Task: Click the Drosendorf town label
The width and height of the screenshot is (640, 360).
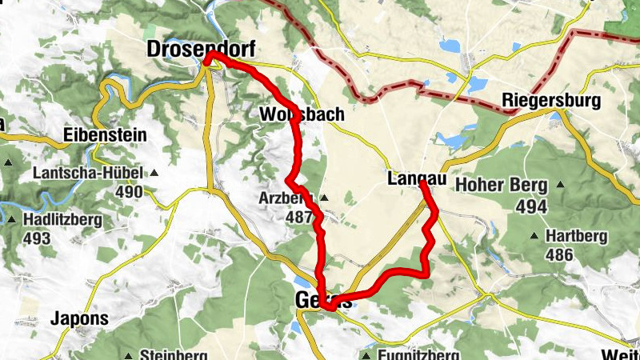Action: (201, 50)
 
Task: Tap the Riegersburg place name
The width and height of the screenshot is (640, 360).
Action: (550, 101)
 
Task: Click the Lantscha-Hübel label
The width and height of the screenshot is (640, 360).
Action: (88, 174)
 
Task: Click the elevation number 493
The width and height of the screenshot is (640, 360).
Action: (37, 238)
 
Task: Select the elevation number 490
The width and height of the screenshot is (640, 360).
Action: (128, 193)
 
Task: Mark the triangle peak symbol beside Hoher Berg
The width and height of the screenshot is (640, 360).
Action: (560, 186)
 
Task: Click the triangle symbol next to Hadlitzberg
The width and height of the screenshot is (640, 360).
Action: (12, 218)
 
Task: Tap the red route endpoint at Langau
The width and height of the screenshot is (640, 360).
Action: (422, 184)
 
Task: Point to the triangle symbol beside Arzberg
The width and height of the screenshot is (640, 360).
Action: (324, 198)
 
